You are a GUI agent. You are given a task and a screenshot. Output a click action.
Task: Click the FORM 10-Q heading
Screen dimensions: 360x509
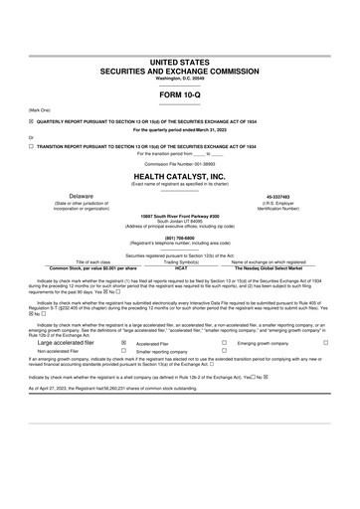point(180,94)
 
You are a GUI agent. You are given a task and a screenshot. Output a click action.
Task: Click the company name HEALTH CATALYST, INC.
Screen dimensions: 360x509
point(180,176)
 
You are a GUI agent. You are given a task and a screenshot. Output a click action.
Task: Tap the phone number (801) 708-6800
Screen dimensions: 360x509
point(180,237)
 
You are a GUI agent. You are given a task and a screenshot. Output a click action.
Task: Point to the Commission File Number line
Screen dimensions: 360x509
point(180,163)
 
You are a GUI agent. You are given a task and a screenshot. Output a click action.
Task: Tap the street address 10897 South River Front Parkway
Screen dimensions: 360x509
point(180,214)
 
